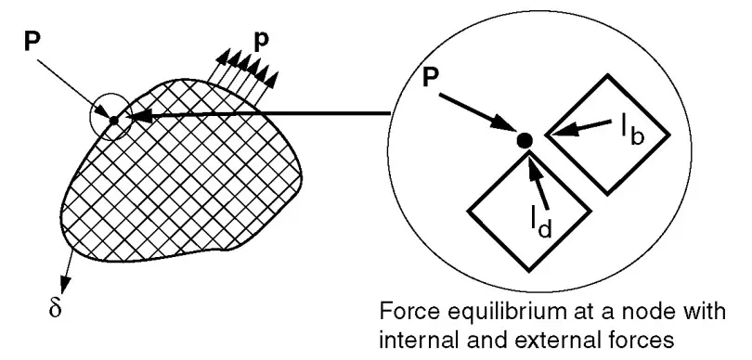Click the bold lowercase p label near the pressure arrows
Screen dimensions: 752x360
pos(262,42)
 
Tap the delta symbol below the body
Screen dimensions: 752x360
pos(55,308)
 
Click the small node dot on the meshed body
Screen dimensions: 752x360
pos(113,121)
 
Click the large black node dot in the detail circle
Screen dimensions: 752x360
pos(525,140)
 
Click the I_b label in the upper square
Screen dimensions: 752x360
pos(631,127)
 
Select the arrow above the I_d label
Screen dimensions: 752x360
pos(537,177)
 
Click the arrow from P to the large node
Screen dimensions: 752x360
pos(478,112)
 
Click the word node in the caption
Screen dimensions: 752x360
pos(654,312)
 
